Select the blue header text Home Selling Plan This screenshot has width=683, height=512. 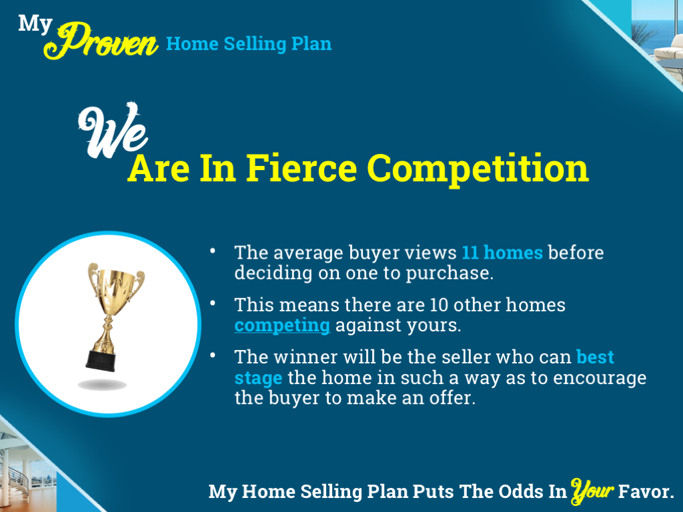point(248,44)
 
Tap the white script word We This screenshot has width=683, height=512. point(112,128)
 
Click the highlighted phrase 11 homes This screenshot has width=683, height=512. point(502,253)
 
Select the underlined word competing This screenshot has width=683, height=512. point(282,325)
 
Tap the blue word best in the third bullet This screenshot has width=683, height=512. point(595,357)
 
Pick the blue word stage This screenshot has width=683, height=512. point(258,378)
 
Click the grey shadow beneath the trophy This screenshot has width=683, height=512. point(102,385)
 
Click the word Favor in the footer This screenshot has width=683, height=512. point(646,492)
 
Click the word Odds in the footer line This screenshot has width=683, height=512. point(516,492)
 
